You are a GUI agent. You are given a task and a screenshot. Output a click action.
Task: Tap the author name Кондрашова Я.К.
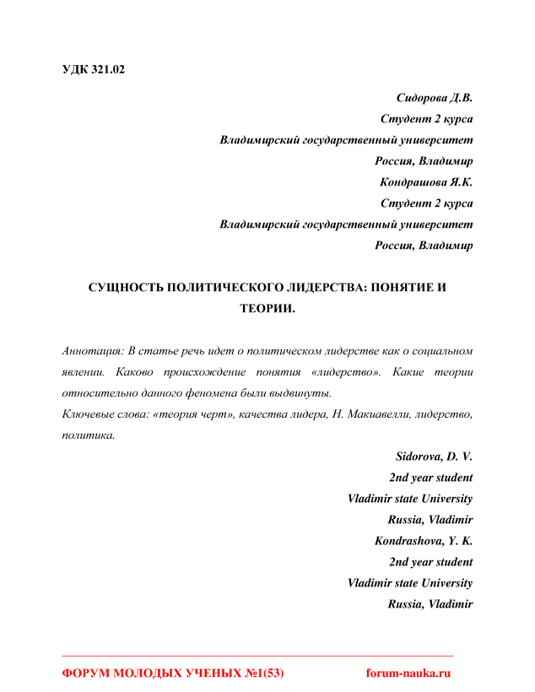[x=426, y=182]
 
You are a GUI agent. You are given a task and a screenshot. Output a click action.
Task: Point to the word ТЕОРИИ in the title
[x=267, y=309]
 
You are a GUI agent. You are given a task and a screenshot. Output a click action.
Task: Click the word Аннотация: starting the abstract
[x=93, y=350]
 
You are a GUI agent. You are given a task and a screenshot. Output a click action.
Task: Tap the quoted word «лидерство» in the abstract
[x=348, y=372]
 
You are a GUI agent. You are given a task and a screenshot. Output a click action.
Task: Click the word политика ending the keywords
[x=88, y=435]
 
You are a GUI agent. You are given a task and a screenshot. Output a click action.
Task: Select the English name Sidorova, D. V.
[x=434, y=457]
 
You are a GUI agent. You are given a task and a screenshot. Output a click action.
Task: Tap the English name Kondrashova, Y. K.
[x=424, y=541]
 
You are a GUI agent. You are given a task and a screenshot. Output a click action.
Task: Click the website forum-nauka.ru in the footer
[x=408, y=673]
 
